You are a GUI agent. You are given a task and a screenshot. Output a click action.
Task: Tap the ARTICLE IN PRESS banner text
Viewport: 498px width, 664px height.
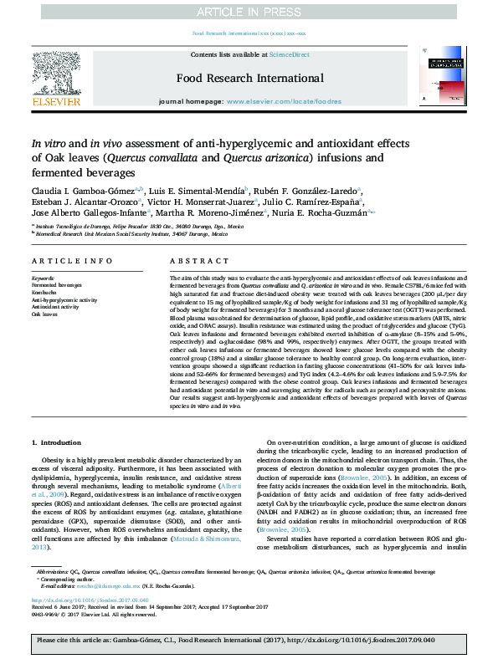pyautogui.click(x=249, y=12)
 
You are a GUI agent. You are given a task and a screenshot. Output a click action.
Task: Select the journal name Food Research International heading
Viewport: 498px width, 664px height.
pyautogui.click(x=249, y=79)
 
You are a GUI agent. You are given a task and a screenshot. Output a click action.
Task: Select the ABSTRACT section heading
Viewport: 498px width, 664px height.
pyautogui.click(x=193, y=261)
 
